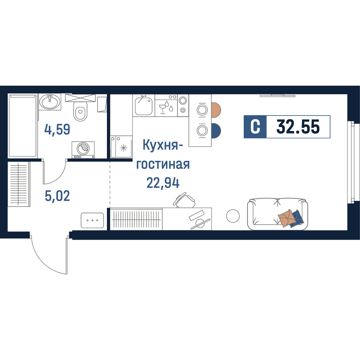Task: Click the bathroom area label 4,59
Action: tap(57, 130)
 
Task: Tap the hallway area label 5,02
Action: tap(57, 196)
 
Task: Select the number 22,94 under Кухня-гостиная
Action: tap(163, 183)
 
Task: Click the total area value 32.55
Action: tap(298, 127)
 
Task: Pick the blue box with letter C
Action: tap(255, 127)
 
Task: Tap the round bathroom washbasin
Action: tap(50, 102)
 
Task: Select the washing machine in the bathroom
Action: tap(83, 150)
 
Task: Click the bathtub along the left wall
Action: tap(22, 125)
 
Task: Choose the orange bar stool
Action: tap(216, 110)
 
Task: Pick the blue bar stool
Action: tap(216, 131)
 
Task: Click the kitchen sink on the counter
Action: tap(144, 106)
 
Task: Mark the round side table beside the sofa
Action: tap(233, 216)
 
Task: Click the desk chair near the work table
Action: tap(184, 200)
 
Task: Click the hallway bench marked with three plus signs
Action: tap(92, 220)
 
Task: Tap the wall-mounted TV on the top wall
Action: tap(277, 95)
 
